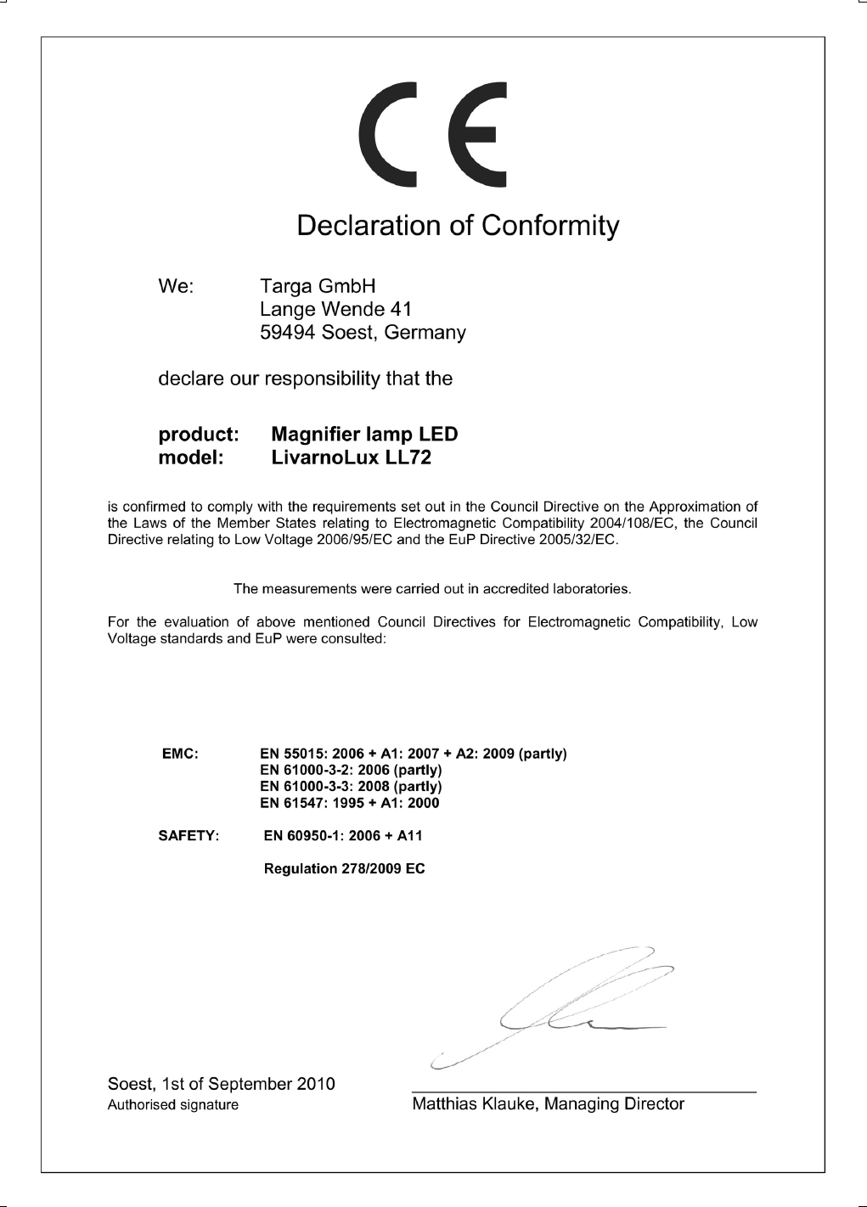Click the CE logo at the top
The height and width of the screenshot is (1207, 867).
(432, 135)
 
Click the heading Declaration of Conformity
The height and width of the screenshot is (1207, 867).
(458, 226)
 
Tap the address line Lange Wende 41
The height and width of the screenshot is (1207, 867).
(335, 309)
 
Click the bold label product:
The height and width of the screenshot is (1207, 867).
(200, 435)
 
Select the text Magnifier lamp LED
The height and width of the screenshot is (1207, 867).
(363, 435)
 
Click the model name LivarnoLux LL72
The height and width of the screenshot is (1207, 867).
(351, 458)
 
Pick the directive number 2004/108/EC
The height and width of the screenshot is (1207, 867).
(630, 523)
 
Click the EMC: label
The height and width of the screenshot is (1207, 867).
(180, 754)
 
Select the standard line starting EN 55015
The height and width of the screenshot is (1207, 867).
(413, 754)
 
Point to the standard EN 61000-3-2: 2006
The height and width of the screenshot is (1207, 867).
(350, 770)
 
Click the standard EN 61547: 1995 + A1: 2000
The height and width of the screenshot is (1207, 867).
(349, 802)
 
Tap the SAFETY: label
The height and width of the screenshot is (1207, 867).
(189, 836)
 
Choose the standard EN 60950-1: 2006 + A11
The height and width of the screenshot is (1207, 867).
(343, 836)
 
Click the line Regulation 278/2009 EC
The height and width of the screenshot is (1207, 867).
(345, 869)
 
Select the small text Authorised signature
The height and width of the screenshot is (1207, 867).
(172, 1105)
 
